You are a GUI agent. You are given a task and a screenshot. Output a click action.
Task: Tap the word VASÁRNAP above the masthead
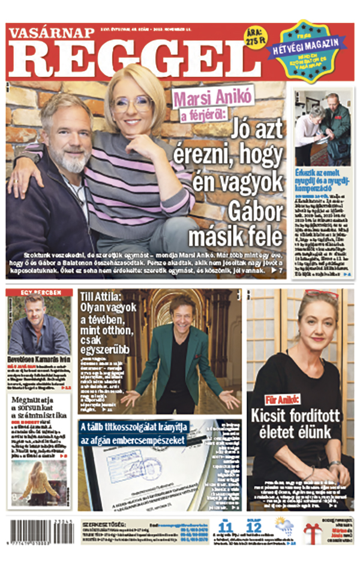(x=50, y=32)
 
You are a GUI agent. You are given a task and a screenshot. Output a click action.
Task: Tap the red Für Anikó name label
(x=283, y=399)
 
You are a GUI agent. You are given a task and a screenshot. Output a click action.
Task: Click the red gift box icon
(x=312, y=532)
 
